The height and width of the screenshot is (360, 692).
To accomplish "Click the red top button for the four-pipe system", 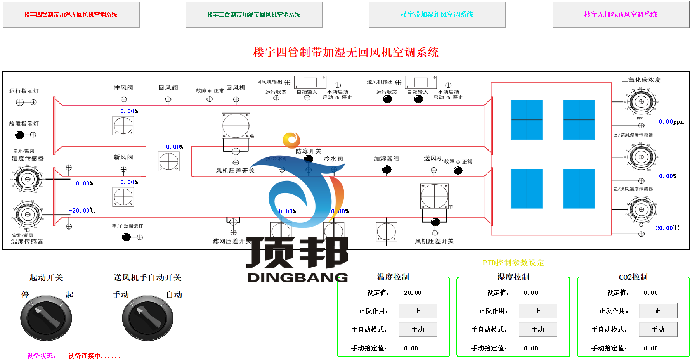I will tap(71, 14).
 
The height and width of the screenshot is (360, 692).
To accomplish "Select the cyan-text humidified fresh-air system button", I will tap(437, 14).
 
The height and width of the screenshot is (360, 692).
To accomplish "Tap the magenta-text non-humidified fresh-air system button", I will tap(621, 14).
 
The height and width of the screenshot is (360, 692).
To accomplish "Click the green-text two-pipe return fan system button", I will tap(254, 14).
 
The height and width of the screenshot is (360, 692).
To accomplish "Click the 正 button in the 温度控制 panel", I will tap(418, 311).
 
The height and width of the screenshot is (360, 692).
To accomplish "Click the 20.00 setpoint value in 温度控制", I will tap(413, 293).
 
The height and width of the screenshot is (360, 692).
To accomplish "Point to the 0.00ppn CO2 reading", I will tap(671, 122).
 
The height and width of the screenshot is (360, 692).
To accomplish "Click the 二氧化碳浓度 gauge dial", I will tap(641, 102).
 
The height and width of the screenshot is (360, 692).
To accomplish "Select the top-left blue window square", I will tap(527, 120).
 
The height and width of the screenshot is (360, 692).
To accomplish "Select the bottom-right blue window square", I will tap(579, 189).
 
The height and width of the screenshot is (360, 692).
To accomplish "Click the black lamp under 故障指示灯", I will tap(20, 135).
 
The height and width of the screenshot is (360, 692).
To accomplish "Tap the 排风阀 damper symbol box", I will tap(123, 126).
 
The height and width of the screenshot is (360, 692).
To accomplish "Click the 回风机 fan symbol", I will tap(236, 126).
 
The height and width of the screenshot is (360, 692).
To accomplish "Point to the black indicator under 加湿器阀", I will tap(387, 170).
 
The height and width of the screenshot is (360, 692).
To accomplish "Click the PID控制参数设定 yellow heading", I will tap(513, 263).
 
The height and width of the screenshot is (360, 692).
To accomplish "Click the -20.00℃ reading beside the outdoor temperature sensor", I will tap(82, 210).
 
